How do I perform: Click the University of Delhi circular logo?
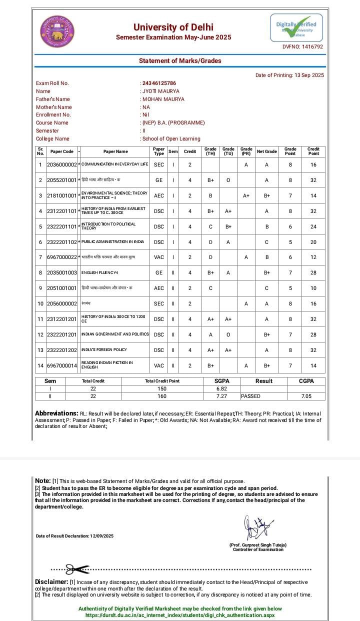pyautogui.click(x=57, y=30)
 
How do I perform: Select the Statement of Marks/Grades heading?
pyautogui.click(x=180, y=61)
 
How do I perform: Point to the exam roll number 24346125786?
pyautogui.click(x=159, y=83)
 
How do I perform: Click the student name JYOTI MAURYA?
pyautogui.click(x=160, y=91)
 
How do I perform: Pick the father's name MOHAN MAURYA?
pyautogui.click(x=163, y=99)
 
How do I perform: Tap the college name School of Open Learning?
pyautogui.click(x=171, y=138)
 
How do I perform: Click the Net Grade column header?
pyautogui.click(x=266, y=151)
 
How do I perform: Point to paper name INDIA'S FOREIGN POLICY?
pyautogui.click(x=104, y=350)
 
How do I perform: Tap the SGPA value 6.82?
pyautogui.click(x=222, y=388)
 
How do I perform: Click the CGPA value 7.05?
pyautogui.click(x=306, y=396)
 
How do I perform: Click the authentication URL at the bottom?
pyautogui.click(x=180, y=615)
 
